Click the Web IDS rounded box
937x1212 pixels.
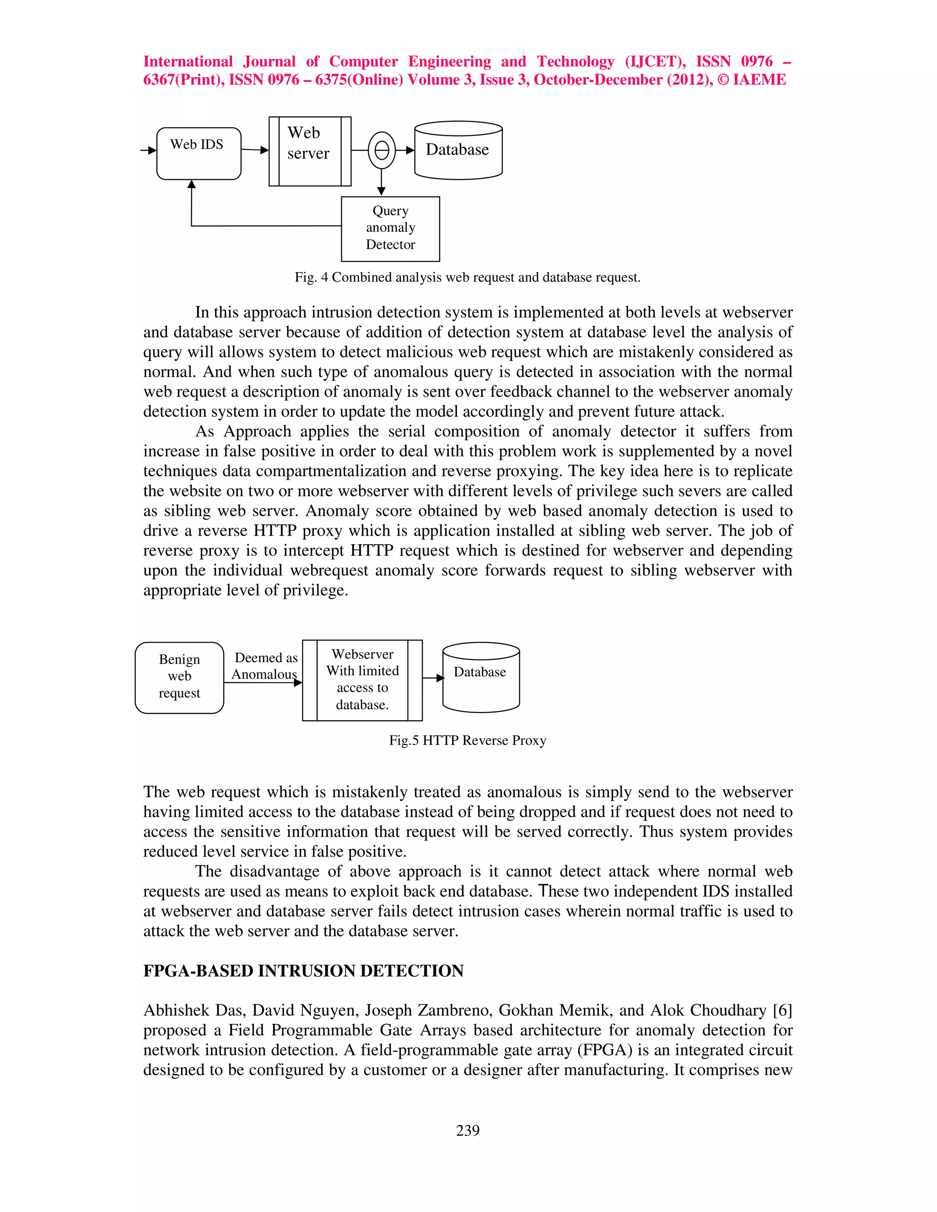pos(199,153)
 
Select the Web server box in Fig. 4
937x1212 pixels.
pos(310,151)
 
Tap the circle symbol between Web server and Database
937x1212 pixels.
pos(382,150)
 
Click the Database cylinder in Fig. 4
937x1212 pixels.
pos(458,151)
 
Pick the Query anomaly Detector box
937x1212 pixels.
pos(390,229)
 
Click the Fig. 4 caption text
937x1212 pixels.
pos(468,278)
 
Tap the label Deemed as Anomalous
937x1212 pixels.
pos(265,666)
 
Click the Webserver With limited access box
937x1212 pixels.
pos(362,680)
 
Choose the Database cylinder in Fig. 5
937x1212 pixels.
pos(481,678)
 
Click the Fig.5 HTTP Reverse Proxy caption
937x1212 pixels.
pos(468,740)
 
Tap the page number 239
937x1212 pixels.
pos(468,1131)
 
